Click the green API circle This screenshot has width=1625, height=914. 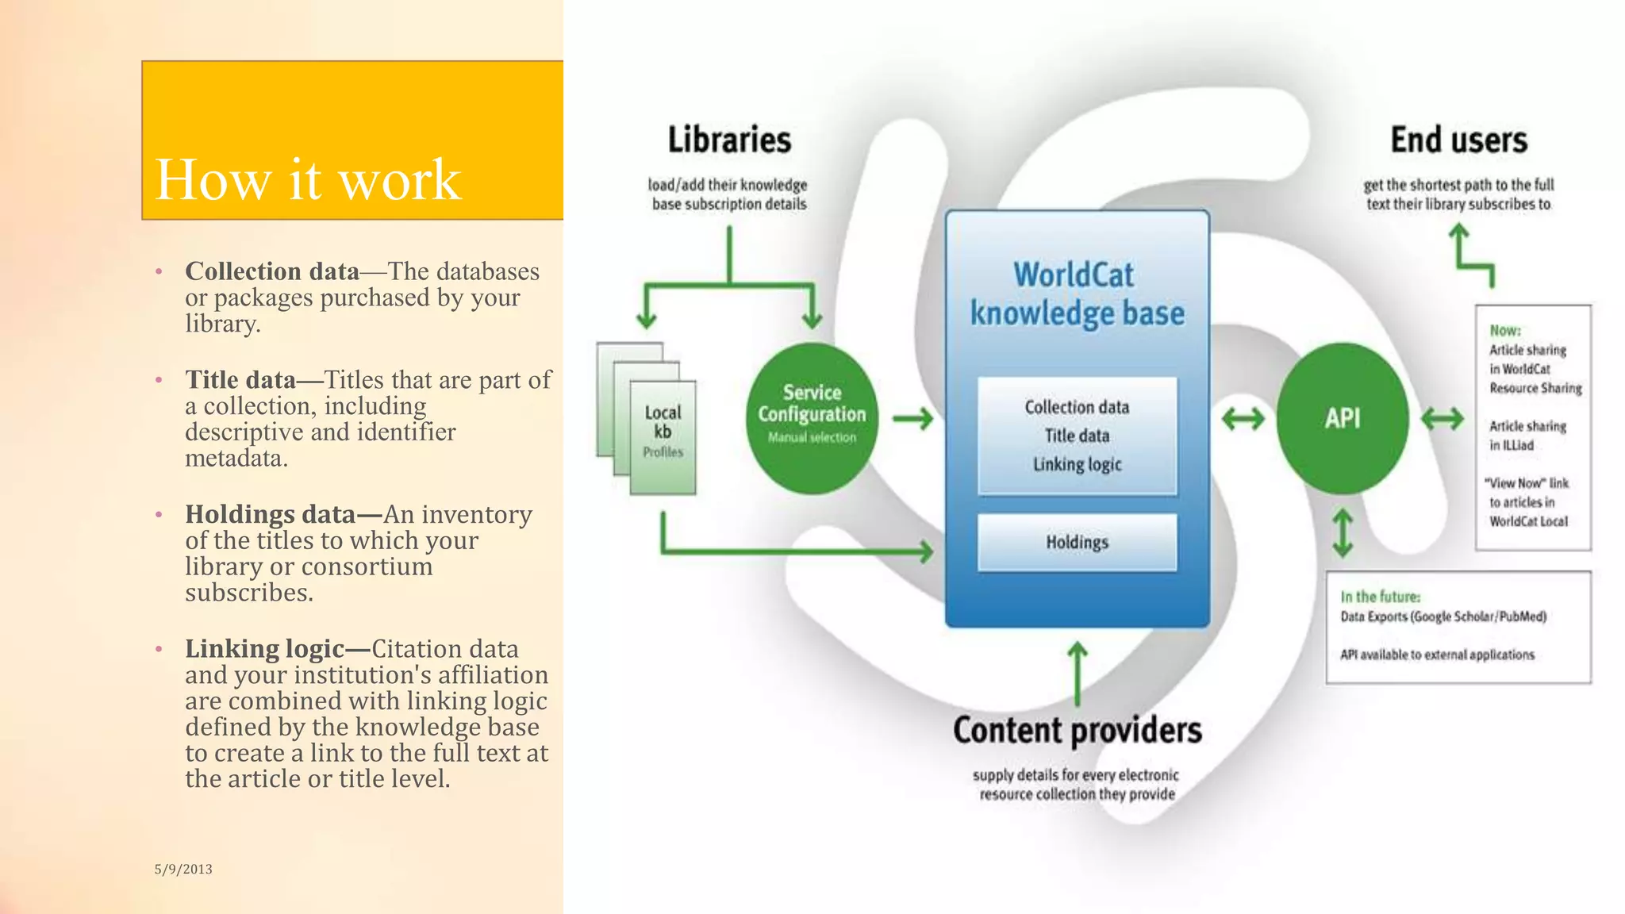[x=1343, y=418]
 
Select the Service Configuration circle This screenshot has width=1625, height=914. [x=812, y=418]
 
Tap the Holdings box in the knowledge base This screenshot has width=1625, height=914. [x=1077, y=543]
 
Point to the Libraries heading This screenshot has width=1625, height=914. [x=729, y=140]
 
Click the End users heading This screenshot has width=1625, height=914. [x=1458, y=140]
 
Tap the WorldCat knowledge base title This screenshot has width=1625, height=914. [x=1077, y=294]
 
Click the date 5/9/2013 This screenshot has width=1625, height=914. [x=183, y=870]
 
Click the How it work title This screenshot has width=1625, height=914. [x=308, y=180]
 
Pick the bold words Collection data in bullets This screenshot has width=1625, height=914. [x=272, y=271]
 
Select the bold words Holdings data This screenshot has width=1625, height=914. [x=270, y=514]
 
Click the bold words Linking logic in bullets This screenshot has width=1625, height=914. [x=265, y=649]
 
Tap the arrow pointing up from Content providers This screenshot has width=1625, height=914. [x=1077, y=674]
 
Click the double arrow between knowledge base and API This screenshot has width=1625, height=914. [x=1243, y=418]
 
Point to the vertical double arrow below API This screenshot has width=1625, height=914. [x=1343, y=532]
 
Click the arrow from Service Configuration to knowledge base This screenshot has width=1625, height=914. [x=913, y=418]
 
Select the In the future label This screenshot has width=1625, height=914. [x=1380, y=597]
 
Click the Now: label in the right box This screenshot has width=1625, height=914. [x=1504, y=330]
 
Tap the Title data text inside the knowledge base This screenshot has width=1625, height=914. [x=1077, y=436]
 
